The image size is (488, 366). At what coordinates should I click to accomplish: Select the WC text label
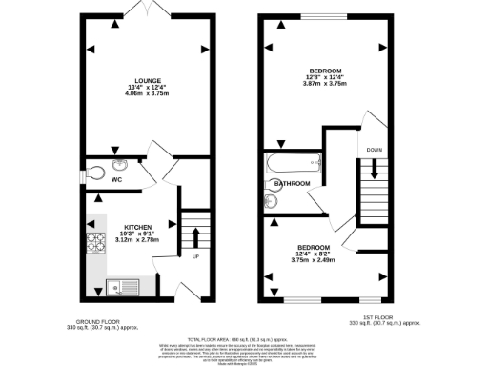point(117,177)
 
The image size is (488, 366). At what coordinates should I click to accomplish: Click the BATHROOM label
point(293,183)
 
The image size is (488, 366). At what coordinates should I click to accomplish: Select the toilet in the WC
point(101,172)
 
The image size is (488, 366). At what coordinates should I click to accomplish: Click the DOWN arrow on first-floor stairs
point(375,168)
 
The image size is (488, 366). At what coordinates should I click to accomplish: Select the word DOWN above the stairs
point(375,150)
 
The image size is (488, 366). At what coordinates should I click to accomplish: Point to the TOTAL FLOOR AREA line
point(244,338)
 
